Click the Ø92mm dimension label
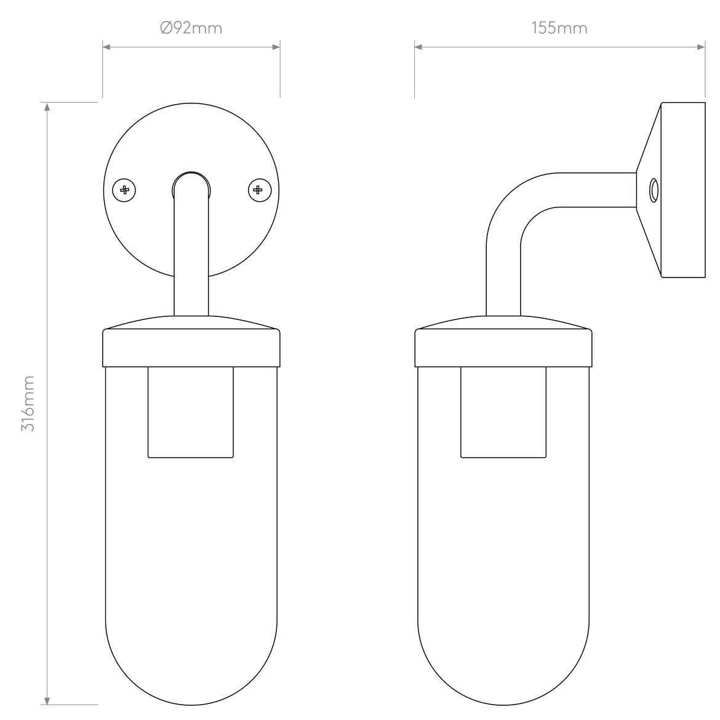(191, 28)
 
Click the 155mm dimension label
(559, 28)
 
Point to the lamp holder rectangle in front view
(191, 412)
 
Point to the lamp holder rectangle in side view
(503, 412)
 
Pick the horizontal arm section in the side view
(591, 190)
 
